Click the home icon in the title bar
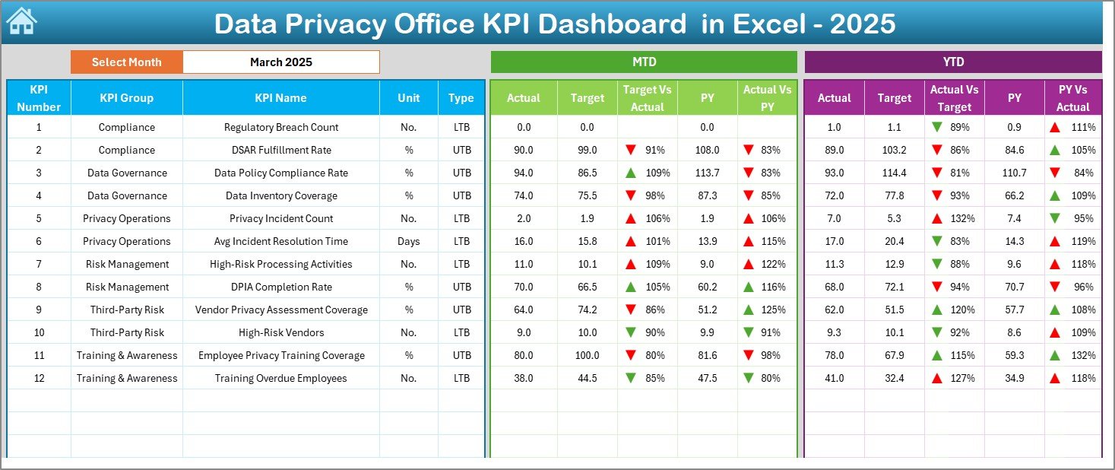click(21, 22)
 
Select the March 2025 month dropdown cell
click(280, 62)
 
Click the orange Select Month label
click(126, 62)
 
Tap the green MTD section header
click(644, 62)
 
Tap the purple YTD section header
click(952, 62)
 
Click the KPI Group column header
click(126, 98)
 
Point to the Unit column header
click(409, 98)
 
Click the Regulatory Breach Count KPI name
click(281, 127)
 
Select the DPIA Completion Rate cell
click(281, 287)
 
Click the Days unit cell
click(409, 241)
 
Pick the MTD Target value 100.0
click(587, 355)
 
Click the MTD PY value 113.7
click(707, 173)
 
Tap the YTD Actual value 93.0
click(834, 173)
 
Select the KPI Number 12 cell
click(39, 378)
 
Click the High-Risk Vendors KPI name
click(281, 332)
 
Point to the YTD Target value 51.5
click(894, 310)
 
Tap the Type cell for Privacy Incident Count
click(461, 218)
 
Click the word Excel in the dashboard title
click(770, 24)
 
